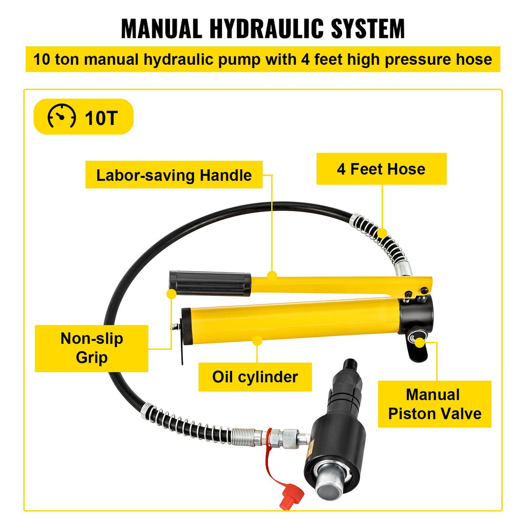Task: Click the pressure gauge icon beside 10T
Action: click(x=62, y=117)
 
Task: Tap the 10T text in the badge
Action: click(x=101, y=118)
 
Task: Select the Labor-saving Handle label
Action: click(x=174, y=175)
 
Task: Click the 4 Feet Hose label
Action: click(x=382, y=168)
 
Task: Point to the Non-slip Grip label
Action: click(x=91, y=348)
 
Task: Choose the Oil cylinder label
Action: click(x=255, y=377)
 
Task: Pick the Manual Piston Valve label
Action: click(x=435, y=404)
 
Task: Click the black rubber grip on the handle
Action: click(x=210, y=284)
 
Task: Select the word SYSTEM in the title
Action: click(x=368, y=29)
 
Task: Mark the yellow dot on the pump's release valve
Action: click(x=419, y=343)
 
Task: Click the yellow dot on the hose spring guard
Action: click(x=382, y=233)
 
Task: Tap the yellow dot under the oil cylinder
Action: click(x=257, y=341)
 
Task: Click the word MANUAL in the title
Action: click(x=161, y=29)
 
